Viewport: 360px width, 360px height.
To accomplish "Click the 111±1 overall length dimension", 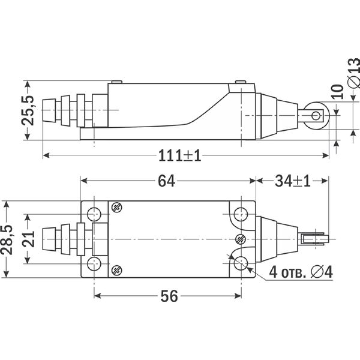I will pyautogui.click(x=179, y=155).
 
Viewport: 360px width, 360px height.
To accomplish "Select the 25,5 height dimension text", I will pyautogui.click(x=28, y=110).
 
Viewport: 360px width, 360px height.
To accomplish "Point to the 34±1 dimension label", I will pyautogui.click(x=293, y=181).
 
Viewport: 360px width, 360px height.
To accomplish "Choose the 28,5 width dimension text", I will pyautogui.click(x=8, y=240).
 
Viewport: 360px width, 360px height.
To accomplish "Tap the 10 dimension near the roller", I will pyautogui.click(x=338, y=92).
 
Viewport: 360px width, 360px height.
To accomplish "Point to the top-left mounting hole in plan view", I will pyautogui.click(x=94, y=214).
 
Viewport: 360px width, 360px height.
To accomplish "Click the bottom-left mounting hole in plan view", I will pyautogui.click(x=94, y=264).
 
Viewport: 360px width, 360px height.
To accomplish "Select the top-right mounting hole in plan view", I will pyautogui.click(x=241, y=214).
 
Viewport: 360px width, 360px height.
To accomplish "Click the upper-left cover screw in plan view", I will pyautogui.click(x=116, y=208).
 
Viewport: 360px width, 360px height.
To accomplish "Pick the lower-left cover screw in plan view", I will pyautogui.click(x=116, y=271).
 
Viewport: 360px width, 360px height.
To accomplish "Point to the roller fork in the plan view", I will pyautogui.click(x=313, y=239).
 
